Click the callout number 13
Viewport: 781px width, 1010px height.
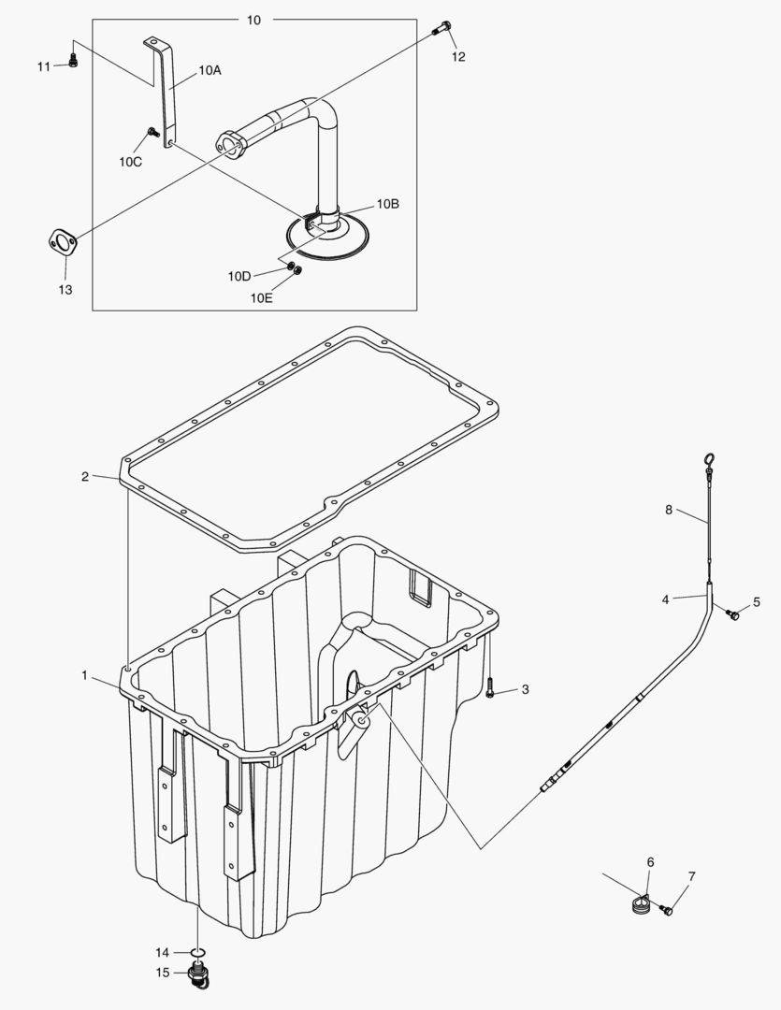point(65,290)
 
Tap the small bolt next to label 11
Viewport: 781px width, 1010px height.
point(73,62)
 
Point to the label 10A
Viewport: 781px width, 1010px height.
point(210,70)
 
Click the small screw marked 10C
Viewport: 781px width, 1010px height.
point(152,133)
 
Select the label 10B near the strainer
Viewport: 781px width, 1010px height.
point(388,203)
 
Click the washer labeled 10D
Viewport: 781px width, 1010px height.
point(290,267)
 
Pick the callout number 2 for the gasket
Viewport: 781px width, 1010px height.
point(85,477)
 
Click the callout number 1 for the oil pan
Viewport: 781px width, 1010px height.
point(85,674)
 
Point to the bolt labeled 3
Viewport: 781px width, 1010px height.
point(490,693)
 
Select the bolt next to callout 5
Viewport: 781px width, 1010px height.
point(733,614)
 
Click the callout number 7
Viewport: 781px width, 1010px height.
point(692,876)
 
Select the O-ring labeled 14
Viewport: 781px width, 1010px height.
point(197,953)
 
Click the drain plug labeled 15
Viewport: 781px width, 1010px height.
point(197,977)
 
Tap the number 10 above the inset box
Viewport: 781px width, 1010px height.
point(253,20)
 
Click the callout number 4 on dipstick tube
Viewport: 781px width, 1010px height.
point(665,599)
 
